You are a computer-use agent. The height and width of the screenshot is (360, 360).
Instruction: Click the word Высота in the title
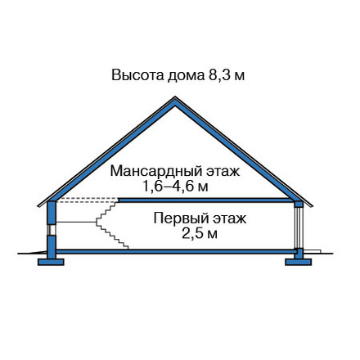(137, 75)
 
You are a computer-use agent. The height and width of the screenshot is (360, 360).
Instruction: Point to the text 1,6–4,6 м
(175, 187)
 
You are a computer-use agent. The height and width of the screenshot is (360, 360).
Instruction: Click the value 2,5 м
(200, 234)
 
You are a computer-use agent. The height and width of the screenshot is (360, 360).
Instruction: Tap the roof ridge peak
(175, 97)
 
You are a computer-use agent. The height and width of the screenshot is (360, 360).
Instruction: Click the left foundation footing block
(51, 262)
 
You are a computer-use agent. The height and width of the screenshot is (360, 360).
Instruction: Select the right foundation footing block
(298, 262)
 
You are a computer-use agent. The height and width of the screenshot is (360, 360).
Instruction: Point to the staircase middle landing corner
(96, 223)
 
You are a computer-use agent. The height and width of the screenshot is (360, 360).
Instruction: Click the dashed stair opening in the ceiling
(88, 200)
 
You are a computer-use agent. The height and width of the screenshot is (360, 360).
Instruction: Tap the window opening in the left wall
(52, 230)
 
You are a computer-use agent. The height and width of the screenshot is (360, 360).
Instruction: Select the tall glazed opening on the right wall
(299, 227)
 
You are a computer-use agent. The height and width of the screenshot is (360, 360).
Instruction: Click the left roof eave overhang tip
(38, 206)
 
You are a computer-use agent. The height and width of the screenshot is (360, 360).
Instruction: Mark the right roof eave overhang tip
(312, 206)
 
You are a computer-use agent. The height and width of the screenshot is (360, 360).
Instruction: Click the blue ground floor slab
(176, 251)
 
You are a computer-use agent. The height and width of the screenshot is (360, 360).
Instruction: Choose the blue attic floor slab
(205, 200)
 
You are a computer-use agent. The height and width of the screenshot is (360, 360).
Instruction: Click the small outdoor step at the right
(312, 251)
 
